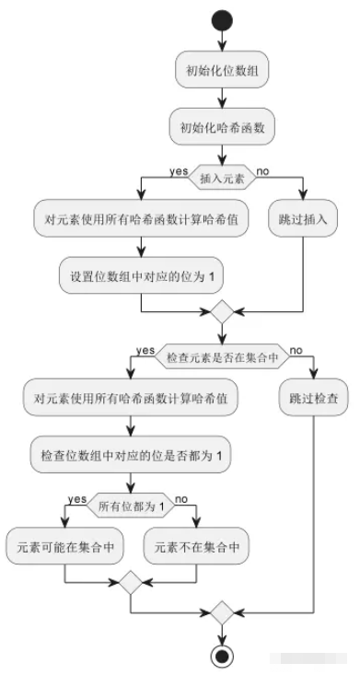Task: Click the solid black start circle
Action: pyautogui.click(x=222, y=19)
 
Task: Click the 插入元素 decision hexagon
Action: pyautogui.click(x=222, y=172)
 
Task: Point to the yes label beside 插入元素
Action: pyautogui.click(x=180, y=169)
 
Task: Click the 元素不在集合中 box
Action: pyautogui.click(x=198, y=546)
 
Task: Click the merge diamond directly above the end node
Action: pyautogui.click(x=222, y=612)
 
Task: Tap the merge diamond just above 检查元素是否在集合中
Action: pyautogui.click(x=222, y=313)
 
